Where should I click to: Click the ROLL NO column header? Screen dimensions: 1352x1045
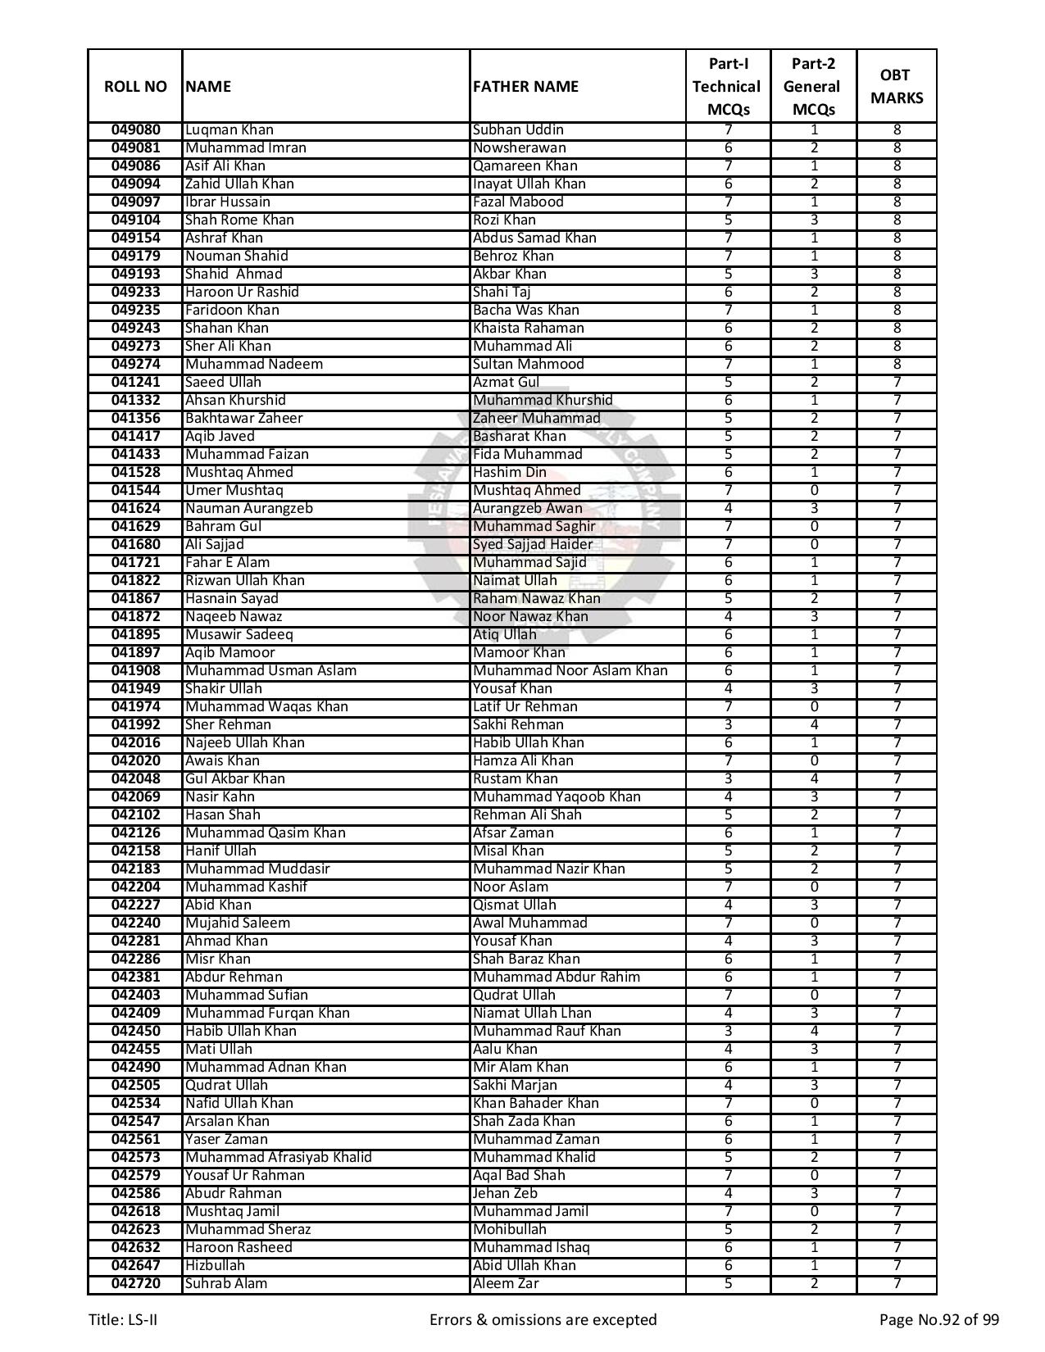[135, 87]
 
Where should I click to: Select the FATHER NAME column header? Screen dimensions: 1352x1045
[525, 87]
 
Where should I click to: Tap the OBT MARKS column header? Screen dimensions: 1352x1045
[896, 87]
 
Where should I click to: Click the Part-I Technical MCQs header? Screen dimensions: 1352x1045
[727, 87]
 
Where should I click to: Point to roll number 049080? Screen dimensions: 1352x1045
[135, 130]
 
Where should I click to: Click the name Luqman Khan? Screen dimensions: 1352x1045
[229, 130]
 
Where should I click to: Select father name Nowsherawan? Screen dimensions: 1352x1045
[519, 148]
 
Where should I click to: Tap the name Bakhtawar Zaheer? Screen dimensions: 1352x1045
[243, 419]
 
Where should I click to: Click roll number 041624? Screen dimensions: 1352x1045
[135, 509]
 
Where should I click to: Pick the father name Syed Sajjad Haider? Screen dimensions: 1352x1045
[532, 545]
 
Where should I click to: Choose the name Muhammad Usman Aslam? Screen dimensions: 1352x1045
[270, 671]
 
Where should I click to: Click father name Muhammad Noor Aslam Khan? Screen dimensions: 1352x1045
[570, 671]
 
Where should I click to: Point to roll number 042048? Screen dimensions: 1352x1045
[135, 779]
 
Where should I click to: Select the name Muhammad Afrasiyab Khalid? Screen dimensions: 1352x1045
[278, 1158]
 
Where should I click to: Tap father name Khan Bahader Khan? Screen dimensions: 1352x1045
[535, 1104]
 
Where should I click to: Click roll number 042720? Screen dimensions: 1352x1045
[135, 1284]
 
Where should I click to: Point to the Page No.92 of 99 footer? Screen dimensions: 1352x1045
[938, 1320]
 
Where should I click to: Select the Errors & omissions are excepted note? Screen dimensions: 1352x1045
[543, 1320]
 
